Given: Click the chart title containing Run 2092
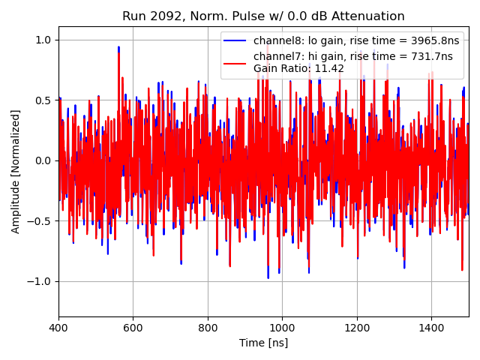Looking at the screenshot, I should (263, 16).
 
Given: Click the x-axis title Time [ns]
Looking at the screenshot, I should (263, 343).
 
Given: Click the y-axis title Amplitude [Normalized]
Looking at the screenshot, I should (16, 171).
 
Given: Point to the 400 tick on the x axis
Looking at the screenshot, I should (58, 328).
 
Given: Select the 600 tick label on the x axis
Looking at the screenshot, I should (133, 328).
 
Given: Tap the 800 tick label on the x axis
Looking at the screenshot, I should (208, 328).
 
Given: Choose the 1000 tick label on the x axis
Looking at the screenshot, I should (282, 328).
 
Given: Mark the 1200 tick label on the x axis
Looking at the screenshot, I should (357, 328).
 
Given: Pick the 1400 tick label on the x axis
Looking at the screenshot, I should (431, 328).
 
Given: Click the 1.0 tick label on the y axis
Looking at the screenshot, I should (43, 40).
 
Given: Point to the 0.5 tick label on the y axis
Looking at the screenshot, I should (43, 100).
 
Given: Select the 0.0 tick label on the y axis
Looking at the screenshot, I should (43, 160).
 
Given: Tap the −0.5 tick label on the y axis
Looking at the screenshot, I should (40, 221).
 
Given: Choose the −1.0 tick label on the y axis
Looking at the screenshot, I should (40, 281).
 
